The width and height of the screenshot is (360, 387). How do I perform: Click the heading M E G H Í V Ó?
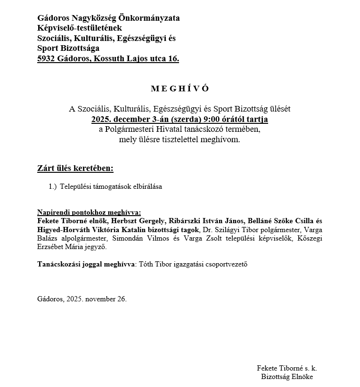(x=180, y=89)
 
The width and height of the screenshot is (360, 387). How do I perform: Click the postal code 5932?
(x=46, y=59)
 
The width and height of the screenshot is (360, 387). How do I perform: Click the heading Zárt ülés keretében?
(x=75, y=168)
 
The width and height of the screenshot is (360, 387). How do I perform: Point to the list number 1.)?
(x=53, y=186)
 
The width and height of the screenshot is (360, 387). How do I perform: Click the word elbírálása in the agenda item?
(x=146, y=186)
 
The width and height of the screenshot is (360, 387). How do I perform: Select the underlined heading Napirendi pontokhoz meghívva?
(x=89, y=212)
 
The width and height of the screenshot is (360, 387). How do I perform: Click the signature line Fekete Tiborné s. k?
(x=290, y=368)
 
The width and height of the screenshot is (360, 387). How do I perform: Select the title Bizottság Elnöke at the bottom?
(x=286, y=377)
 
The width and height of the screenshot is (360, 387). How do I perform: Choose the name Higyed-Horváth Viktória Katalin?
(x=95, y=230)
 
